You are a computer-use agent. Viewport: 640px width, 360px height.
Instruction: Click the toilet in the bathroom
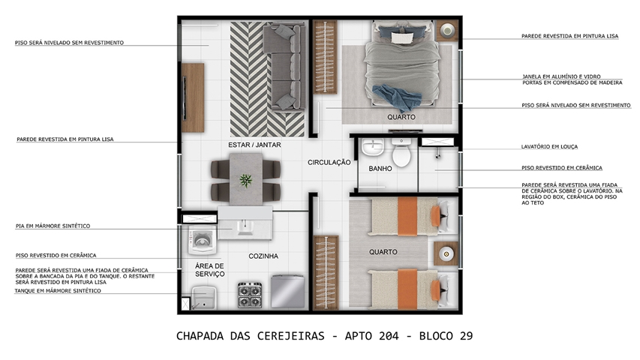click(401, 153)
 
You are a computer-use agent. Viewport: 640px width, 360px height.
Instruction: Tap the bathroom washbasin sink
click(373, 146)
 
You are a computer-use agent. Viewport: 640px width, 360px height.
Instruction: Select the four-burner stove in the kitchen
click(250, 295)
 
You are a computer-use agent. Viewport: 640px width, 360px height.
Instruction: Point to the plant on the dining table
click(245, 180)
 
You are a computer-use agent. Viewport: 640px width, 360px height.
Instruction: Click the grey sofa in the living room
click(284, 67)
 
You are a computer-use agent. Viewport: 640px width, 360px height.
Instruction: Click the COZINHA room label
click(263, 256)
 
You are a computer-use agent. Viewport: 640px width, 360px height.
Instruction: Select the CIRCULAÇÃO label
click(329, 163)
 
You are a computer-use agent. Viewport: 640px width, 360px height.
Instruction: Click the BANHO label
click(380, 169)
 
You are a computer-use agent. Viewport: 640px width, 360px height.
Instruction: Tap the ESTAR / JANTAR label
click(254, 145)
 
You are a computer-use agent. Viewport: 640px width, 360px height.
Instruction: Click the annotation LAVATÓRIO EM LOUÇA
click(549, 146)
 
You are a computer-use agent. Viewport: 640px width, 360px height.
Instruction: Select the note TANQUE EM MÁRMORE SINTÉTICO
click(58, 291)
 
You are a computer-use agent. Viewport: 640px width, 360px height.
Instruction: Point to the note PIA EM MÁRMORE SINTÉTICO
click(53, 226)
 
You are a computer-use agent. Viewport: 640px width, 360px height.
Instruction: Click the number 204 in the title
click(388, 336)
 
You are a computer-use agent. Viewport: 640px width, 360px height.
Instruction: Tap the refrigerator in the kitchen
click(288, 292)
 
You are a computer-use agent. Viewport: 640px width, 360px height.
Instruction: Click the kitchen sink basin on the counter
click(245, 227)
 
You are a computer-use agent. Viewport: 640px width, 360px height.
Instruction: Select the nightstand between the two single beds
click(446, 253)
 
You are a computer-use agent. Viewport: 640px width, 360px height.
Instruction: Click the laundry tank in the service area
click(203, 298)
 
